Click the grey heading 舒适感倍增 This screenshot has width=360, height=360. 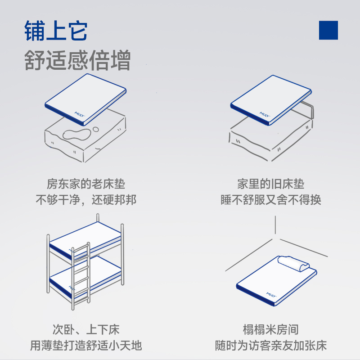[x=77, y=61]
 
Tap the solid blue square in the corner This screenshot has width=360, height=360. [x=328, y=30]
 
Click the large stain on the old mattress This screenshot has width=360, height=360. [x=76, y=134]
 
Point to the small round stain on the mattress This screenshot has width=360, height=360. [x=96, y=130]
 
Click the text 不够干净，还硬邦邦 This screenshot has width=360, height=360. [x=86, y=200]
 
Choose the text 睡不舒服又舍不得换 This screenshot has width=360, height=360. [x=271, y=200]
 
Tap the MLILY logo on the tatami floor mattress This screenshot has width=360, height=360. [x=271, y=294]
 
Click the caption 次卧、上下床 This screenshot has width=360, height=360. [x=85, y=330]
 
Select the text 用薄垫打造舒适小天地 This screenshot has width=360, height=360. [x=85, y=346]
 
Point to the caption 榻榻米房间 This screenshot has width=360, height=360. [x=271, y=330]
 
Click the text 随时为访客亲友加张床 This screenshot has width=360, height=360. [x=271, y=346]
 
